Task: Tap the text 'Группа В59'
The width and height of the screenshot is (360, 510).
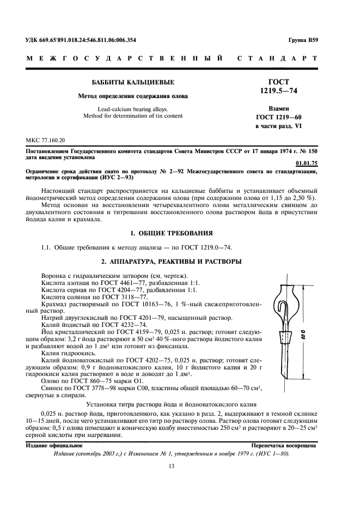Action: [303, 40]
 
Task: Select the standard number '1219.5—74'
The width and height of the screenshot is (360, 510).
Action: [278, 91]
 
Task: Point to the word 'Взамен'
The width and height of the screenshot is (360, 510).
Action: [278, 108]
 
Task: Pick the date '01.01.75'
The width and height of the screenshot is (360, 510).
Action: [306, 162]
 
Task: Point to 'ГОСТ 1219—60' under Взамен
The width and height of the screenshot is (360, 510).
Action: [278, 117]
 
